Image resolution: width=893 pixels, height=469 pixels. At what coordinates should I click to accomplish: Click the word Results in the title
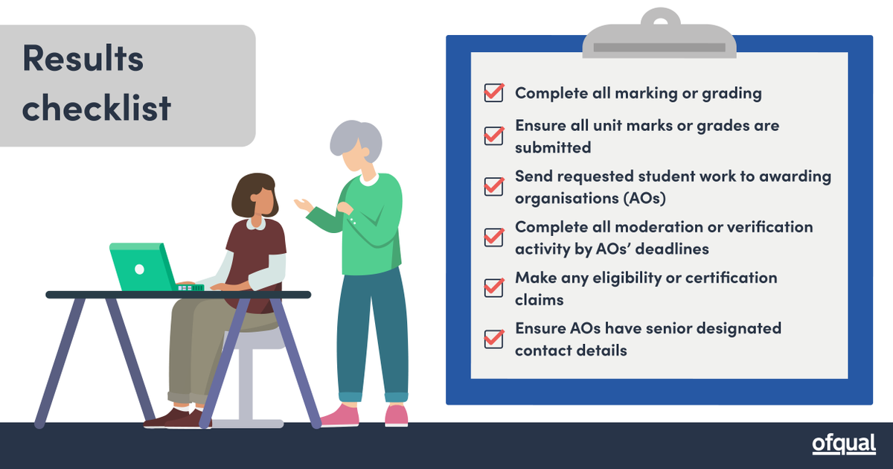click(x=83, y=59)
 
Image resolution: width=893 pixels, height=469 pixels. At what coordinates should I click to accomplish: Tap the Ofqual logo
click(x=844, y=444)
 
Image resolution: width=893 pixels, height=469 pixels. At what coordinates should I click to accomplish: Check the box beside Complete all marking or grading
click(x=494, y=93)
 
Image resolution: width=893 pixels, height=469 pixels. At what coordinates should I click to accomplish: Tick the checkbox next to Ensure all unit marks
click(x=494, y=135)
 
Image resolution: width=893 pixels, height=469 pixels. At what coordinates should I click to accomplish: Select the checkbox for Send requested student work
click(x=494, y=186)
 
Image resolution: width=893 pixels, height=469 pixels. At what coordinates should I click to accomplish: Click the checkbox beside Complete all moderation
click(x=494, y=237)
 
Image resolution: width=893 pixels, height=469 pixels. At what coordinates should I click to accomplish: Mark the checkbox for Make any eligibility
click(x=494, y=287)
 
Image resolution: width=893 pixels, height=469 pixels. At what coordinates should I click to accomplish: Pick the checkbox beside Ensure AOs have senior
click(x=494, y=338)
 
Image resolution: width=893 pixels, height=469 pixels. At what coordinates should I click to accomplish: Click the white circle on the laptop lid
click(x=139, y=269)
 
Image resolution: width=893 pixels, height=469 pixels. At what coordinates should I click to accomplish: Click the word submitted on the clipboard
click(x=553, y=147)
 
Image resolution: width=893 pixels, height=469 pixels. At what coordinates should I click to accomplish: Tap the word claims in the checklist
click(x=539, y=299)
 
